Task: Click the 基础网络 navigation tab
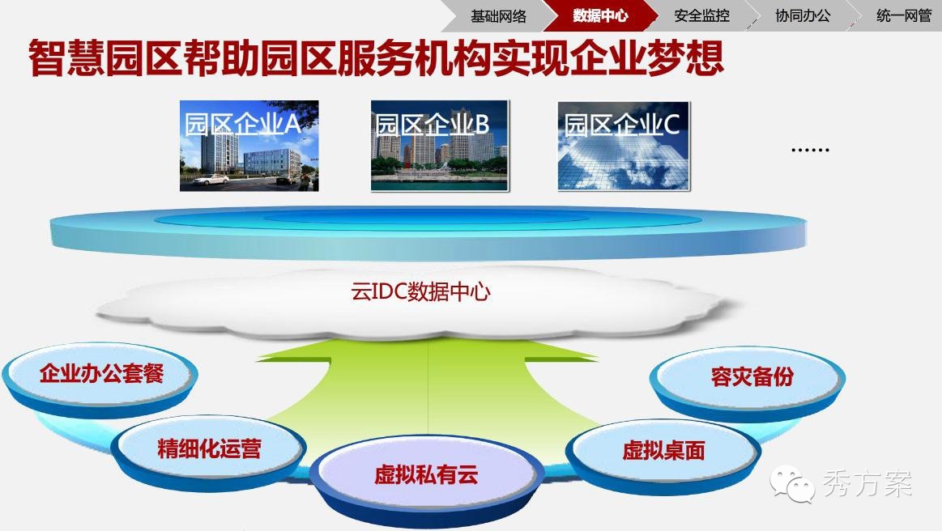coord(498,16)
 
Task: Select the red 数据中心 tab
coord(600,15)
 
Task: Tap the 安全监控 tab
coord(701,16)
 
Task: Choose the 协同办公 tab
coord(803,16)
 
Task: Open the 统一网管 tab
coord(903,16)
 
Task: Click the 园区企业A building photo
coord(249,146)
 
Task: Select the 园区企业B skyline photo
coord(440,146)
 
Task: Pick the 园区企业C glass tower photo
coord(624,146)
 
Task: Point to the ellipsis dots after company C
coord(810,150)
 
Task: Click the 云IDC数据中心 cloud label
coord(420,292)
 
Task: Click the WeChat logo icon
coord(791,483)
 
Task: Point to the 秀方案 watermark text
coord(867,484)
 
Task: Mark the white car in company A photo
coord(209,179)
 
